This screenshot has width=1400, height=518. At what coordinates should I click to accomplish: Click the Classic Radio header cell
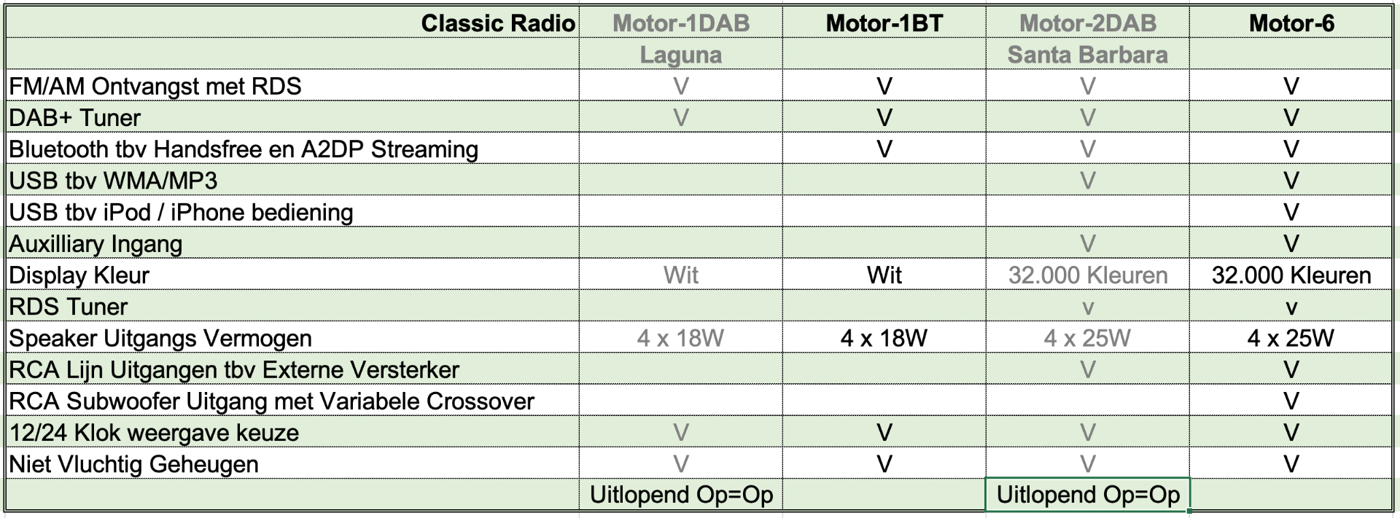tap(498, 23)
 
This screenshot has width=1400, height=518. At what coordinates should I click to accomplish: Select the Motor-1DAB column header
tap(681, 23)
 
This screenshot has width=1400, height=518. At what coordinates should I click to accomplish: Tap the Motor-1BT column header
tap(884, 23)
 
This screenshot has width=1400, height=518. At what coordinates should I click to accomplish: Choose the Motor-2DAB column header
tap(1088, 23)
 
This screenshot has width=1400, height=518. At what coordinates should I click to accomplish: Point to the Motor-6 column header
tap(1291, 23)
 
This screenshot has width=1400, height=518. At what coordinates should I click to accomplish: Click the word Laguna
tap(681, 55)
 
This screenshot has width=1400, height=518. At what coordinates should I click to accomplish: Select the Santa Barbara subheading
tap(1088, 55)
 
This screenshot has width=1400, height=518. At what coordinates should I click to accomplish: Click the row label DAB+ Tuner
tap(74, 118)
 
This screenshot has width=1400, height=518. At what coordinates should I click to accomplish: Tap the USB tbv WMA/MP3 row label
tap(113, 181)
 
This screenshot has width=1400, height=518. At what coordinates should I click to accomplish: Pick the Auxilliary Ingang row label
tap(96, 244)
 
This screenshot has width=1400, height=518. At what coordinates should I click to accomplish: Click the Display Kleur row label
tap(79, 275)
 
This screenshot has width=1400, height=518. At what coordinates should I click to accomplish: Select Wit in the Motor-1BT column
tap(884, 275)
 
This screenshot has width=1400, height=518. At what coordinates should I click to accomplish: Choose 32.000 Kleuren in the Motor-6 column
tap(1291, 275)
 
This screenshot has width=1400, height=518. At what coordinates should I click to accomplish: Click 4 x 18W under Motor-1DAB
tap(681, 338)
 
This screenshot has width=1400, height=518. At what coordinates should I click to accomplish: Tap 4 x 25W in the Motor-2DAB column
tap(1088, 338)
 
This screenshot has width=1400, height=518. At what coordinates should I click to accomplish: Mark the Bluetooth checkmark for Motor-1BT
tap(884, 149)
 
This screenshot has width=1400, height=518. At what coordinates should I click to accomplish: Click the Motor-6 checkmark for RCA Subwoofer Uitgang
tap(1291, 401)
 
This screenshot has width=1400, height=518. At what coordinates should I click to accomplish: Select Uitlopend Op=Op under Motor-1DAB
tap(681, 495)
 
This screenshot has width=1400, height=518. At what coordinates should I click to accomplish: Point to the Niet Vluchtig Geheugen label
tap(133, 464)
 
